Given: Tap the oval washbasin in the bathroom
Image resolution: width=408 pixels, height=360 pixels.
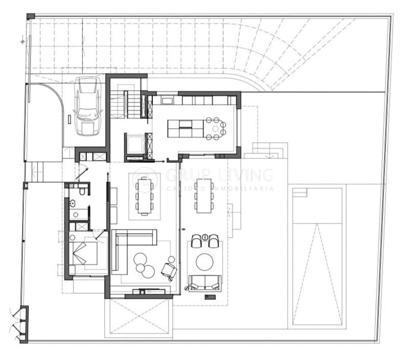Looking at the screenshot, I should [x=73, y=204].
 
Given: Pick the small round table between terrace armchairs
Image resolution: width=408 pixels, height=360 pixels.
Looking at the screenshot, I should [x=205, y=237].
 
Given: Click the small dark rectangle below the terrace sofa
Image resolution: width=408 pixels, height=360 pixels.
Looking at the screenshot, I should [x=210, y=297].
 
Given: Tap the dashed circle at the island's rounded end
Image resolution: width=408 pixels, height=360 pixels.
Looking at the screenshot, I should [x=215, y=129].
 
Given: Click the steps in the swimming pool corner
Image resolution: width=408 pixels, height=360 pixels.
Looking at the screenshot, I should [x=299, y=193].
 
